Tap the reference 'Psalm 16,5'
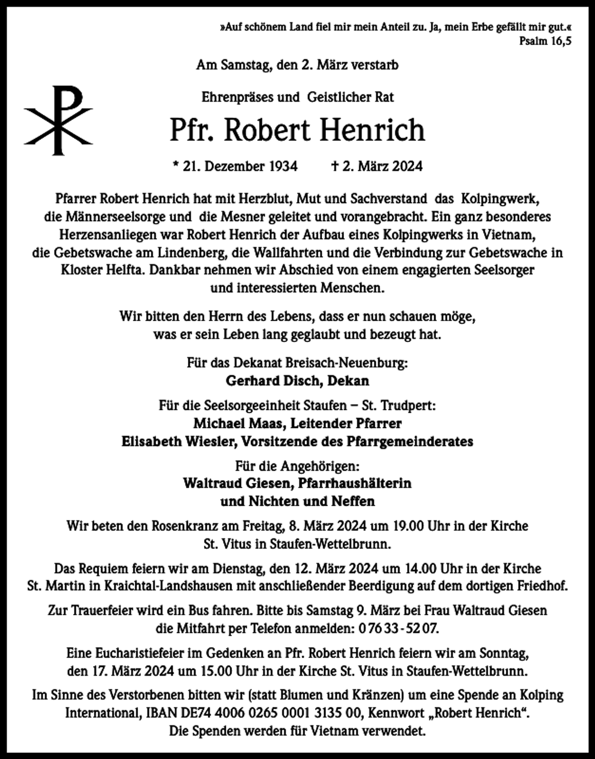pyautogui.click(x=545, y=40)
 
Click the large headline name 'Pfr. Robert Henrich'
pyautogui.click(x=297, y=130)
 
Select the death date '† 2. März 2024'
pyautogui.click(x=377, y=166)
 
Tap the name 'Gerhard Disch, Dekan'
pyautogui.click(x=297, y=381)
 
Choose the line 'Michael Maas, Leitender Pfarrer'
pyautogui.click(x=297, y=423)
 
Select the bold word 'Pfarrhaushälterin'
pyautogui.click(x=354, y=483)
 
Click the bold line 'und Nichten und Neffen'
pyautogui.click(x=297, y=501)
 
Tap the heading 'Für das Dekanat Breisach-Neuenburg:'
pyautogui.click(x=297, y=363)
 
